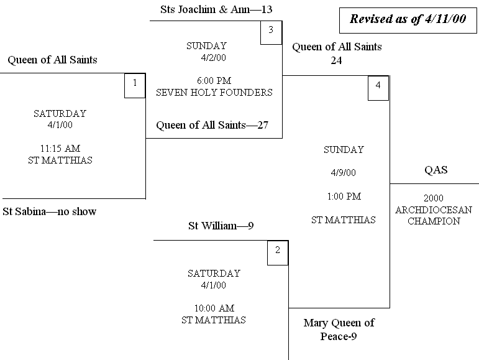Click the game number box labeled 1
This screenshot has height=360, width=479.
coord(135,85)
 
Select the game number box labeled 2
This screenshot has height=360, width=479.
coord(278,252)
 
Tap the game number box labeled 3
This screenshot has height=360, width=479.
coord(271,32)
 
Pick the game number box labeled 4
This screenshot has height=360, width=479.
coord(378,88)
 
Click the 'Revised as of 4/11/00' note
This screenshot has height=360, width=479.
coord(408,19)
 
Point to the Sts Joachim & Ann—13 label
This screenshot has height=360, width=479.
coord(216,10)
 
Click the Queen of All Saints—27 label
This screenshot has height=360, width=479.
coord(212,126)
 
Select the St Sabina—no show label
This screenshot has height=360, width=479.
coord(50,212)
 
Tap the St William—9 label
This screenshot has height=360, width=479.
coord(221,226)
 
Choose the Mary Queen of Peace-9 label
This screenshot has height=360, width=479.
coord(339,331)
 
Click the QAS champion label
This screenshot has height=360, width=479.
coord(436,170)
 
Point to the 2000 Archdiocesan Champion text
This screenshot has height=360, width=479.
coord(433,210)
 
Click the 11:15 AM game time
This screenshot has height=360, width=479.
coord(60,149)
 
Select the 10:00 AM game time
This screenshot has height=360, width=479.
coord(213,308)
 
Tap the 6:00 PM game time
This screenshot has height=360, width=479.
coord(214,81)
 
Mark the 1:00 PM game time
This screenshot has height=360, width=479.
coord(344,196)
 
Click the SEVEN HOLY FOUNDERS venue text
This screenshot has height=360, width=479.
coord(214,93)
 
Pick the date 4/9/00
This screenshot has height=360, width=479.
coord(344,173)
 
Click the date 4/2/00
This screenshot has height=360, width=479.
coord(214,58)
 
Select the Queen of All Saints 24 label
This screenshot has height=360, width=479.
coord(337,53)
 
